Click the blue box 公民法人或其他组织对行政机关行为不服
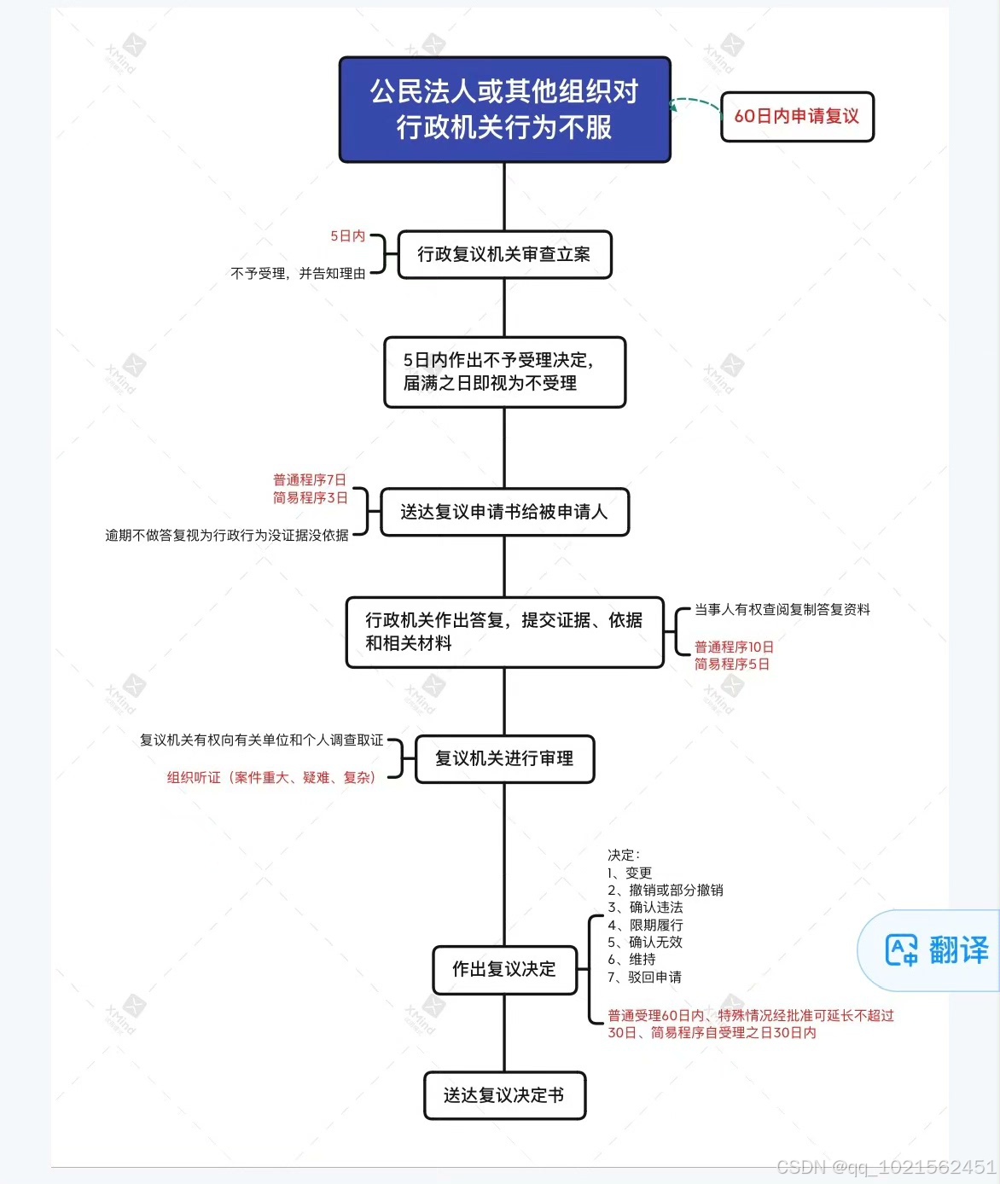pos(504,109)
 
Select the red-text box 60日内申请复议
pos(797,117)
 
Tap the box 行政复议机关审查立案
pos(504,254)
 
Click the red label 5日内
pos(347,236)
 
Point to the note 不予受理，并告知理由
pos(298,274)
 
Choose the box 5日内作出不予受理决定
pos(504,372)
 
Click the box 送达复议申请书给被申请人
pos(504,512)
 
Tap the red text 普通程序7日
pos(310,480)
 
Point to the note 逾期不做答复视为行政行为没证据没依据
pos(227,536)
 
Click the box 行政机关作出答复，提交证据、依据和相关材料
pos(504,632)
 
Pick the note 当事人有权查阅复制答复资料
pos(782,610)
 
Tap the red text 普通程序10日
pos(734,647)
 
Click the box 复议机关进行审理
pos(504,758)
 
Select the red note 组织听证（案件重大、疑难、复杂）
pos(271,778)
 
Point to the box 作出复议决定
pos(504,969)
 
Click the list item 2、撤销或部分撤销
pos(666,891)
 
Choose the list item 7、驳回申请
pos(645,978)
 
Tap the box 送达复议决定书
pos(504,1095)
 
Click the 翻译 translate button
pos(936,950)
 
